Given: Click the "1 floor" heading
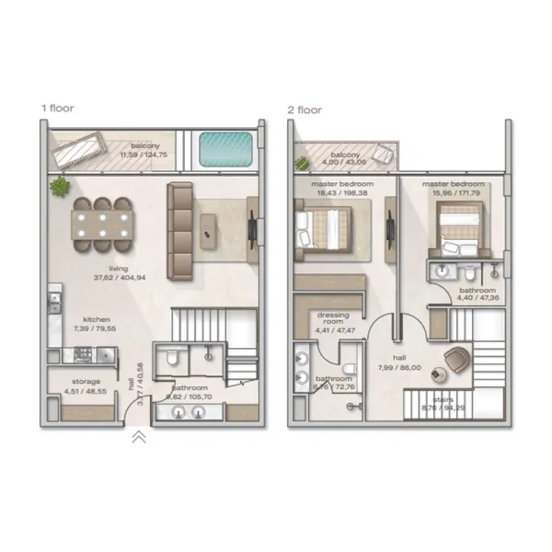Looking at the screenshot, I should click(56, 108).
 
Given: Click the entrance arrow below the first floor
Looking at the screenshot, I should click(138, 438).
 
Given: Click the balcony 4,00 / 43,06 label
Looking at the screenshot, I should click(346, 158).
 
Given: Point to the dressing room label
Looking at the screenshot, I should click(332, 318).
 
